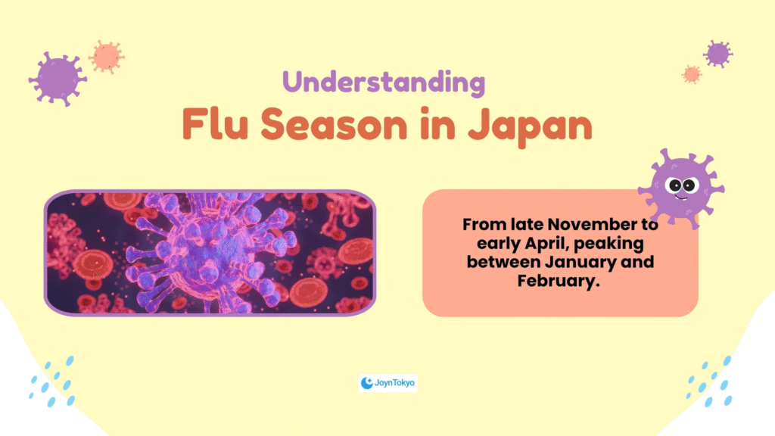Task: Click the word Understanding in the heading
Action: click(x=384, y=83)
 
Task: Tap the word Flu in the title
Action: click(x=215, y=124)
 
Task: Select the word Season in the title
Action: click(x=334, y=124)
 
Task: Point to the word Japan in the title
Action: click(x=530, y=126)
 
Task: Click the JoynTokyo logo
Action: click(x=387, y=382)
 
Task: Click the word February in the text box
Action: click(x=559, y=281)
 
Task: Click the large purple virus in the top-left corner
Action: click(x=58, y=79)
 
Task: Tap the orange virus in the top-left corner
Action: click(x=106, y=57)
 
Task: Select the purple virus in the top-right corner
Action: click(x=717, y=54)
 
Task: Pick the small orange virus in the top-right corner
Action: click(x=692, y=74)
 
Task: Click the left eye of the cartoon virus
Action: click(x=675, y=186)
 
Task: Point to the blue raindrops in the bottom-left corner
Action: click(x=52, y=381)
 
